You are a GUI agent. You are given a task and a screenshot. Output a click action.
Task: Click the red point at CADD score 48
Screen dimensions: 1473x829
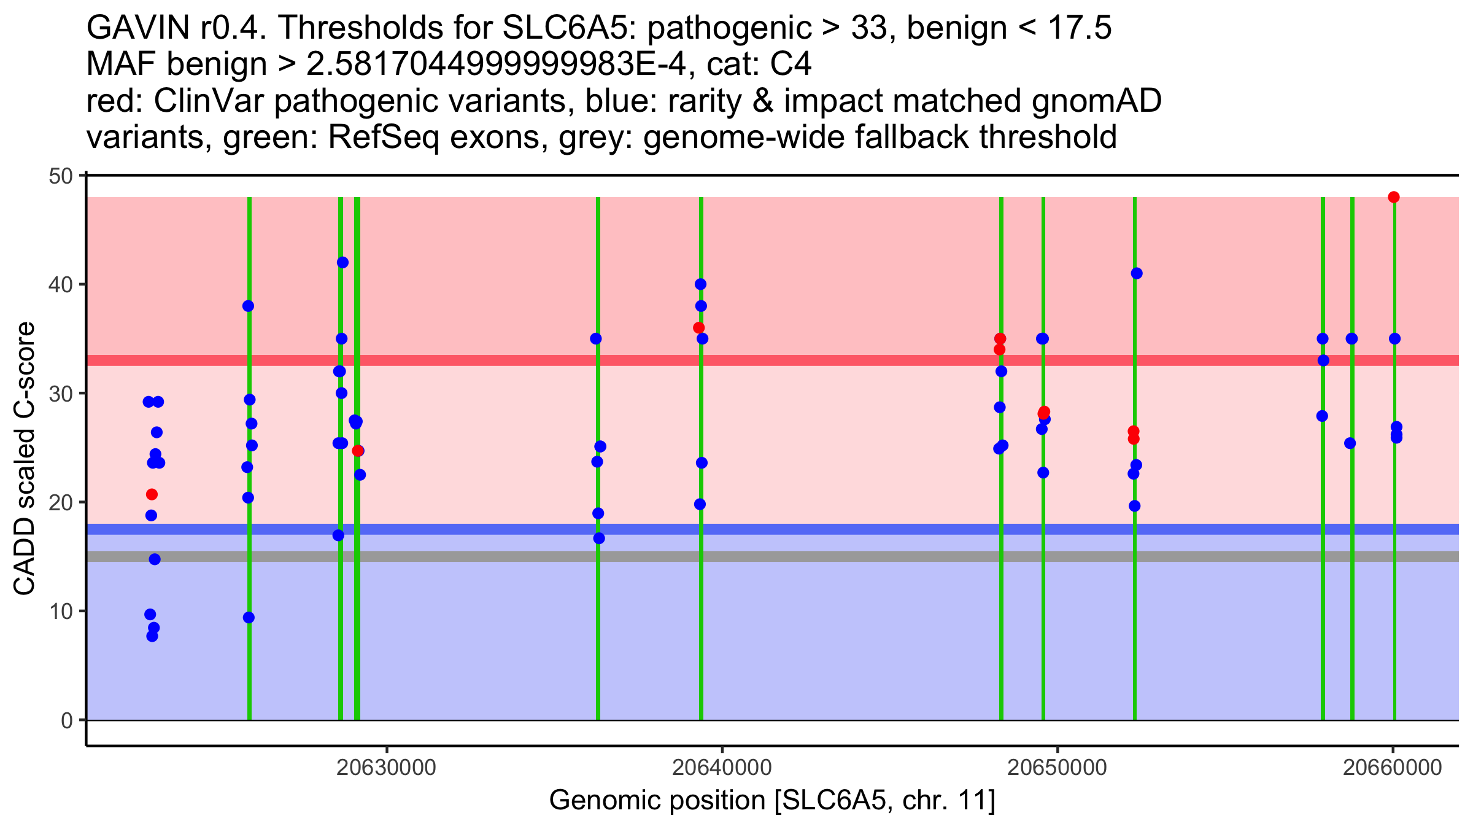(x=1394, y=197)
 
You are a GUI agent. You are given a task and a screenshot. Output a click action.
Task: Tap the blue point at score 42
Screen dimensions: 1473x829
(x=342, y=263)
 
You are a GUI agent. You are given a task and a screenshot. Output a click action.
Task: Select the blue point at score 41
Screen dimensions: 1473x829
(x=1137, y=273)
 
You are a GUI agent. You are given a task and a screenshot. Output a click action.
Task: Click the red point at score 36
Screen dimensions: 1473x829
(x=699, y=328)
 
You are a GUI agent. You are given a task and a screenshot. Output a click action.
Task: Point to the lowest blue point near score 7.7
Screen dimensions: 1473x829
(x=152, y=636)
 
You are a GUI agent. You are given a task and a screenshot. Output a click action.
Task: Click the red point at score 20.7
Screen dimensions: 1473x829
(x=152, y=494)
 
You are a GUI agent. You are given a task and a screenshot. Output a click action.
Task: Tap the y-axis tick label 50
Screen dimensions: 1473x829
(x=61, y=176)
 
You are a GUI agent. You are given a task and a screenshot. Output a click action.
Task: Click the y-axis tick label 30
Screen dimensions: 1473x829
(x=61, y=394)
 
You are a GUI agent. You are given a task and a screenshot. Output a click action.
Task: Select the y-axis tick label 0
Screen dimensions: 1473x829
(x=67, y=720)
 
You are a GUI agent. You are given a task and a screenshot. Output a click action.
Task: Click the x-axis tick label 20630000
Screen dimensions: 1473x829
(x=387, y=768)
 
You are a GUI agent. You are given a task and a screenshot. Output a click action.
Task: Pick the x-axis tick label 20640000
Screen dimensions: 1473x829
(x=722, y=768)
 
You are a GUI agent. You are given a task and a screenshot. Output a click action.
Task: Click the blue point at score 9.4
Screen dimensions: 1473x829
(x=249, y=618)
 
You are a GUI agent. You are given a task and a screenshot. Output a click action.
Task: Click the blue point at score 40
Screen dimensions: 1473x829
(x=700, y=284)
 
